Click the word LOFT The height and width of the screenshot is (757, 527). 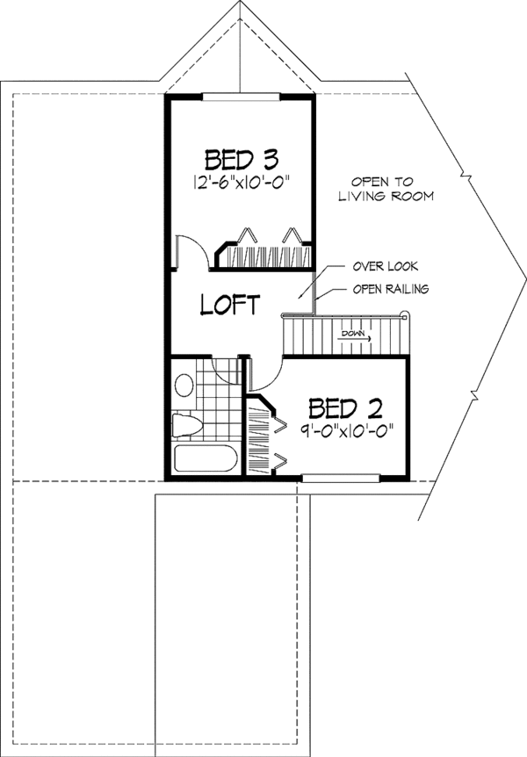tap(230, 305)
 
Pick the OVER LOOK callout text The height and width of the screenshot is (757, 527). tap(386, 265)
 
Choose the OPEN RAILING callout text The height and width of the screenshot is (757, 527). tap(391, 289)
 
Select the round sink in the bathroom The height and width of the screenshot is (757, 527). tap(184, 385)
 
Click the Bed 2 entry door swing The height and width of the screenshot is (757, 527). tap(264, 374)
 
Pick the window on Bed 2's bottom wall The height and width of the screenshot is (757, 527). tap(340, 478)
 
